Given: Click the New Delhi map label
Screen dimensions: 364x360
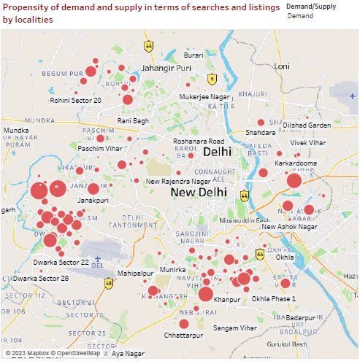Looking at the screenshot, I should click(199, 193).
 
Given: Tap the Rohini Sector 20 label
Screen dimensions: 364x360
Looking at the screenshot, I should click(76, 101).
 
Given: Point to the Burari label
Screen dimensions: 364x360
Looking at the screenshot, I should click(194, 55).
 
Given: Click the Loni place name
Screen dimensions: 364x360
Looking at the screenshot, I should click(282, 66).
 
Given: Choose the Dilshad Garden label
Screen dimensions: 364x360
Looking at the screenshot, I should click(307, 125).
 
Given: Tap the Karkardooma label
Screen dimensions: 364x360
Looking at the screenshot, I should click(296, 163).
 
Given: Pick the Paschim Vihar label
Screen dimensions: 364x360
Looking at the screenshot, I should click(100, 149).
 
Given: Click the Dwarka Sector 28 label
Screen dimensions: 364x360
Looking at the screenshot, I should click(41, 279).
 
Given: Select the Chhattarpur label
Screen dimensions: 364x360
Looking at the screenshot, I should click(183, 336).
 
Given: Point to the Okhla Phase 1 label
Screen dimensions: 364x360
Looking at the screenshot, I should click(274, 299).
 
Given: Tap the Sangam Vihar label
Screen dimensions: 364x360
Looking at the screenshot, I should click(234, 328).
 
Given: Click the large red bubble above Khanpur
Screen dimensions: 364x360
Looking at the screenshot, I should click(205, 295).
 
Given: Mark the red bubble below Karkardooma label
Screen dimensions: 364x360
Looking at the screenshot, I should click(294, 181).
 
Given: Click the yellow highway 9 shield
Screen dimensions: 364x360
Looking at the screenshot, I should click(212, 79).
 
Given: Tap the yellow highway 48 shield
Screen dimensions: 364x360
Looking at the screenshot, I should click(109, 283).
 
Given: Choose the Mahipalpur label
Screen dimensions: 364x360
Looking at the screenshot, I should click(136, 274).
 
